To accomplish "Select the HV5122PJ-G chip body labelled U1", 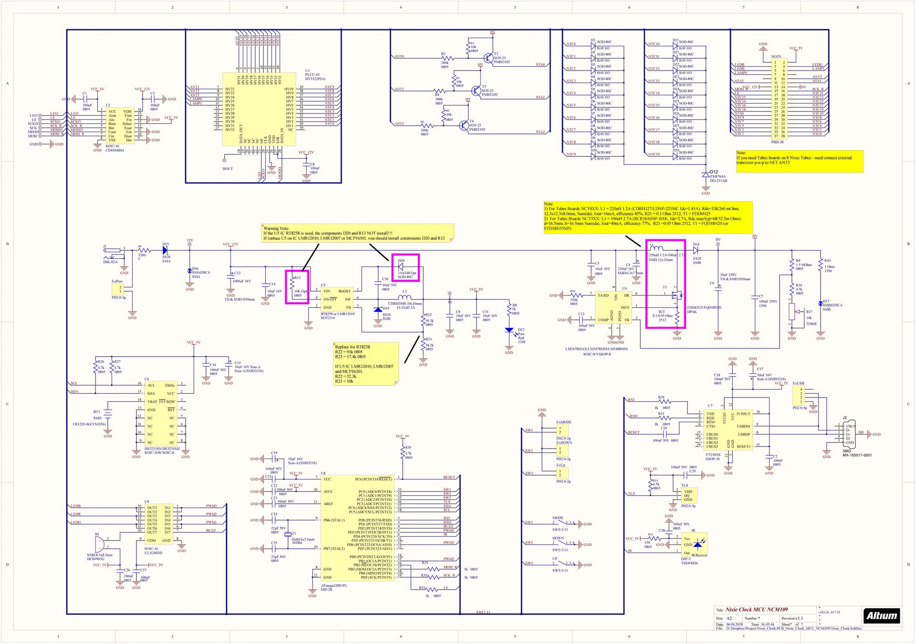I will [260, 109].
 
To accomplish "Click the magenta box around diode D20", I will [405, 267].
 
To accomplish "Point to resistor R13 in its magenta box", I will [297, 286].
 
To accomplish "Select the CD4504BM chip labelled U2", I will [119, 125].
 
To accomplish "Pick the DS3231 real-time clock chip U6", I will [160, 413].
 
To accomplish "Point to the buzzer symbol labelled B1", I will [99, 544].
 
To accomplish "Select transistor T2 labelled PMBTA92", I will [489, 58].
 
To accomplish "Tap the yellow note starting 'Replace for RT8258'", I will [365, 363].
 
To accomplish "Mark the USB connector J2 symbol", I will [849, 434].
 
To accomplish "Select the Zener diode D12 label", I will [713, 172].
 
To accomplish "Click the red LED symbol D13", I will [509, 330].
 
